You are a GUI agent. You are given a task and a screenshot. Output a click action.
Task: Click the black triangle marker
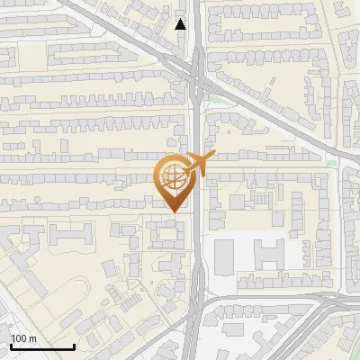tap(181, 24)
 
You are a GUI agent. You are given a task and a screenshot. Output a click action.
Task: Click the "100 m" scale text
tap(23, 338)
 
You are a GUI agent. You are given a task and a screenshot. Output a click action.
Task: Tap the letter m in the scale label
tap(32, 338)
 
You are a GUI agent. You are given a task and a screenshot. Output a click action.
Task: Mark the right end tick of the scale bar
tap(74, 346)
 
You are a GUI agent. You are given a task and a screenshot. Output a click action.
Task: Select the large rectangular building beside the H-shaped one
tap(223, 256)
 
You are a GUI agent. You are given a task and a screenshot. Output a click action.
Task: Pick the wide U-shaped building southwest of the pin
tap(71, 237)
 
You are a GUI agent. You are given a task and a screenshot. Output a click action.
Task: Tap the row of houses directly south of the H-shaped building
tap(270, 287)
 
